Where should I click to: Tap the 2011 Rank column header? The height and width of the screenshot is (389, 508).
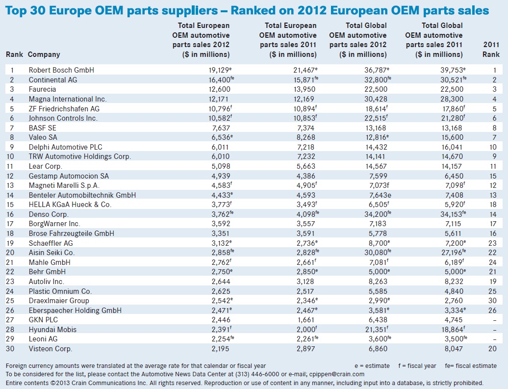[491, 50]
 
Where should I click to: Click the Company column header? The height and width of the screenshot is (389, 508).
[44, 54]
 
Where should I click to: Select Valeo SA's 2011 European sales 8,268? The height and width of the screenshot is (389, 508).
[305, 137]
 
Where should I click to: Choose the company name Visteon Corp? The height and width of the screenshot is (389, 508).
[51, 349]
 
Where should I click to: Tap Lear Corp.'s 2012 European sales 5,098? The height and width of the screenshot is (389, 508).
[220, 166]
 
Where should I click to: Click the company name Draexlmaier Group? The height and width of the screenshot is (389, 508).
[59, 301]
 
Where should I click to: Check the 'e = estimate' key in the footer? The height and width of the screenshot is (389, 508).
[372, 366]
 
